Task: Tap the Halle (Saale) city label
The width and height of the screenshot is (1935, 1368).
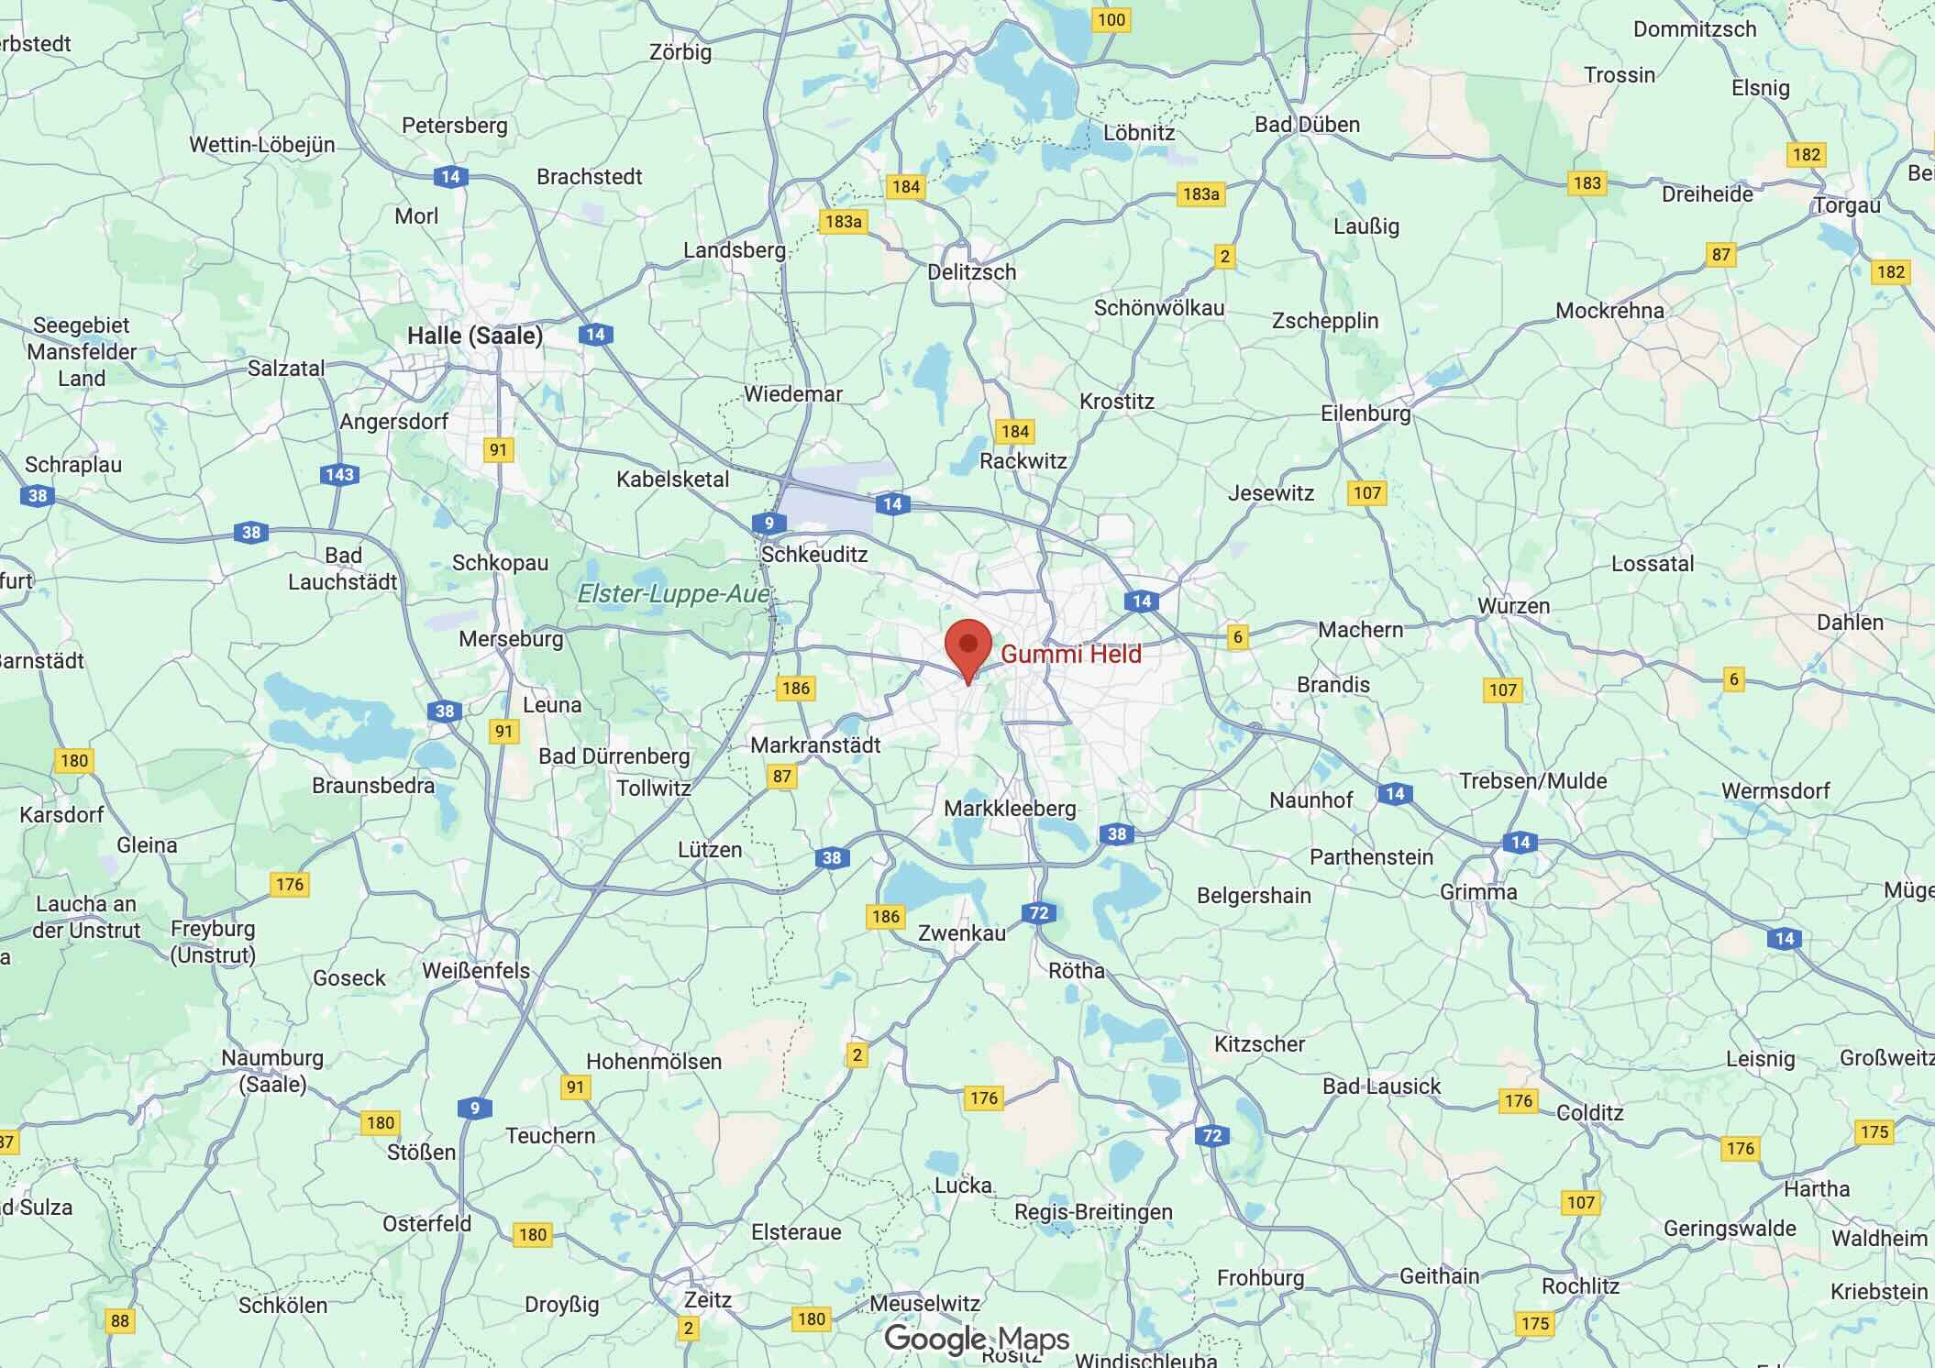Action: (474, 336)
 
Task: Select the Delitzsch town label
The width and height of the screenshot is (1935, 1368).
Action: (971, 272)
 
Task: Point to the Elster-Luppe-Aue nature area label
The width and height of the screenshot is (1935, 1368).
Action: (674, 594)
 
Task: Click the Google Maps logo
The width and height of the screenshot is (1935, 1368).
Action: (977, 1340)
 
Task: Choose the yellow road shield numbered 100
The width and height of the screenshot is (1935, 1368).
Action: (1111, 20)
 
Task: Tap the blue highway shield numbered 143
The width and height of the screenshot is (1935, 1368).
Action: (339, 475)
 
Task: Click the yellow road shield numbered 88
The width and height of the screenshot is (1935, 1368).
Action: (119, 1320)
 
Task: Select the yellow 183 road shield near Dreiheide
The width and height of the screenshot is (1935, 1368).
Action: (1587, 183)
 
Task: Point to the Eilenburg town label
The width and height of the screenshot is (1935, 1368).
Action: (1366, 414)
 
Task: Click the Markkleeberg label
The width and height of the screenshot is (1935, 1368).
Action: (1010, 809)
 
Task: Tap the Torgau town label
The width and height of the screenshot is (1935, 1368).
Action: (1847, 205)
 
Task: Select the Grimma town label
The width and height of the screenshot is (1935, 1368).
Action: (1478, 892)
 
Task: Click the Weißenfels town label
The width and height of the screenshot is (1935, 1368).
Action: (476, 970)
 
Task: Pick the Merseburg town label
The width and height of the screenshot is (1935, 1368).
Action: (511, 639)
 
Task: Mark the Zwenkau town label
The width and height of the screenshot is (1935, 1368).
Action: (962, 933)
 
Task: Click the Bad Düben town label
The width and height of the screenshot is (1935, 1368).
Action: (1307, 125)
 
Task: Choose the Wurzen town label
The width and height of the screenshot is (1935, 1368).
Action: (1513, 606)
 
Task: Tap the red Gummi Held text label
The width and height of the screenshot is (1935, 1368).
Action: (1070, 655)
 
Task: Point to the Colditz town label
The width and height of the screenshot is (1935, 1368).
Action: (1589, 1113)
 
